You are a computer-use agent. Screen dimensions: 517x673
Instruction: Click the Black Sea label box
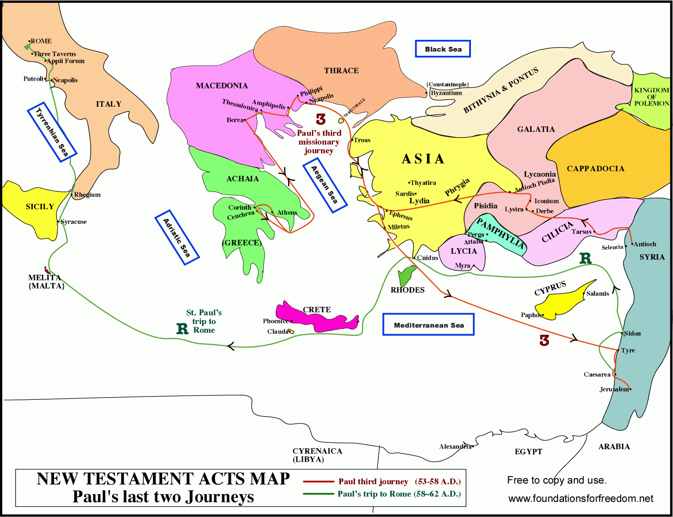click(x=443, y=49)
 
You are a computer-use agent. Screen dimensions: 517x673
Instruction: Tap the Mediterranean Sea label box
click(x=428, y=325)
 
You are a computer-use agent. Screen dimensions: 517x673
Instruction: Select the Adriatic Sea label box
click(x=177, y=237)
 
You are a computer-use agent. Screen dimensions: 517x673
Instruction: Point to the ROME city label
click(x=41, y=41)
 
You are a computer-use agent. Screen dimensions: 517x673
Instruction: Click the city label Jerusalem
click(x=614, y=389)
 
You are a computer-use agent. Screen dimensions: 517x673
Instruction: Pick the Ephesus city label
click(x=401, y=215)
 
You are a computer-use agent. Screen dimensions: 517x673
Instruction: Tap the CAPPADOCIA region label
click(x=596, y=169)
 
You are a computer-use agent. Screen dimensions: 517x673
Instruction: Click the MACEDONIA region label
click(x=222, y=86)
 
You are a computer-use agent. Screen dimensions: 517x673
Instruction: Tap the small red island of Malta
click(x=47, y=271)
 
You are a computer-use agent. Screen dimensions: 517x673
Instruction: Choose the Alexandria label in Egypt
click(x=455, y=446)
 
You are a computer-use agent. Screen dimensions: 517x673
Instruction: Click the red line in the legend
click(x=318, y=482)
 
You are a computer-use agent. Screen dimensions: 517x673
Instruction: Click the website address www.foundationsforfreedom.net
click(x=580, y=498)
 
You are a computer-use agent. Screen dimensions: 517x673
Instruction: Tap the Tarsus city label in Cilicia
click(x=581, y=232)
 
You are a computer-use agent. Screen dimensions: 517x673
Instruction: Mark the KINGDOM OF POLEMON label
click(x=651, y=97)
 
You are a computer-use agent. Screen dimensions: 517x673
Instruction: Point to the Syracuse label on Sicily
click(x=74, y=222)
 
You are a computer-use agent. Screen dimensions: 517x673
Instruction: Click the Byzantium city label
click(x=446, y=93)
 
